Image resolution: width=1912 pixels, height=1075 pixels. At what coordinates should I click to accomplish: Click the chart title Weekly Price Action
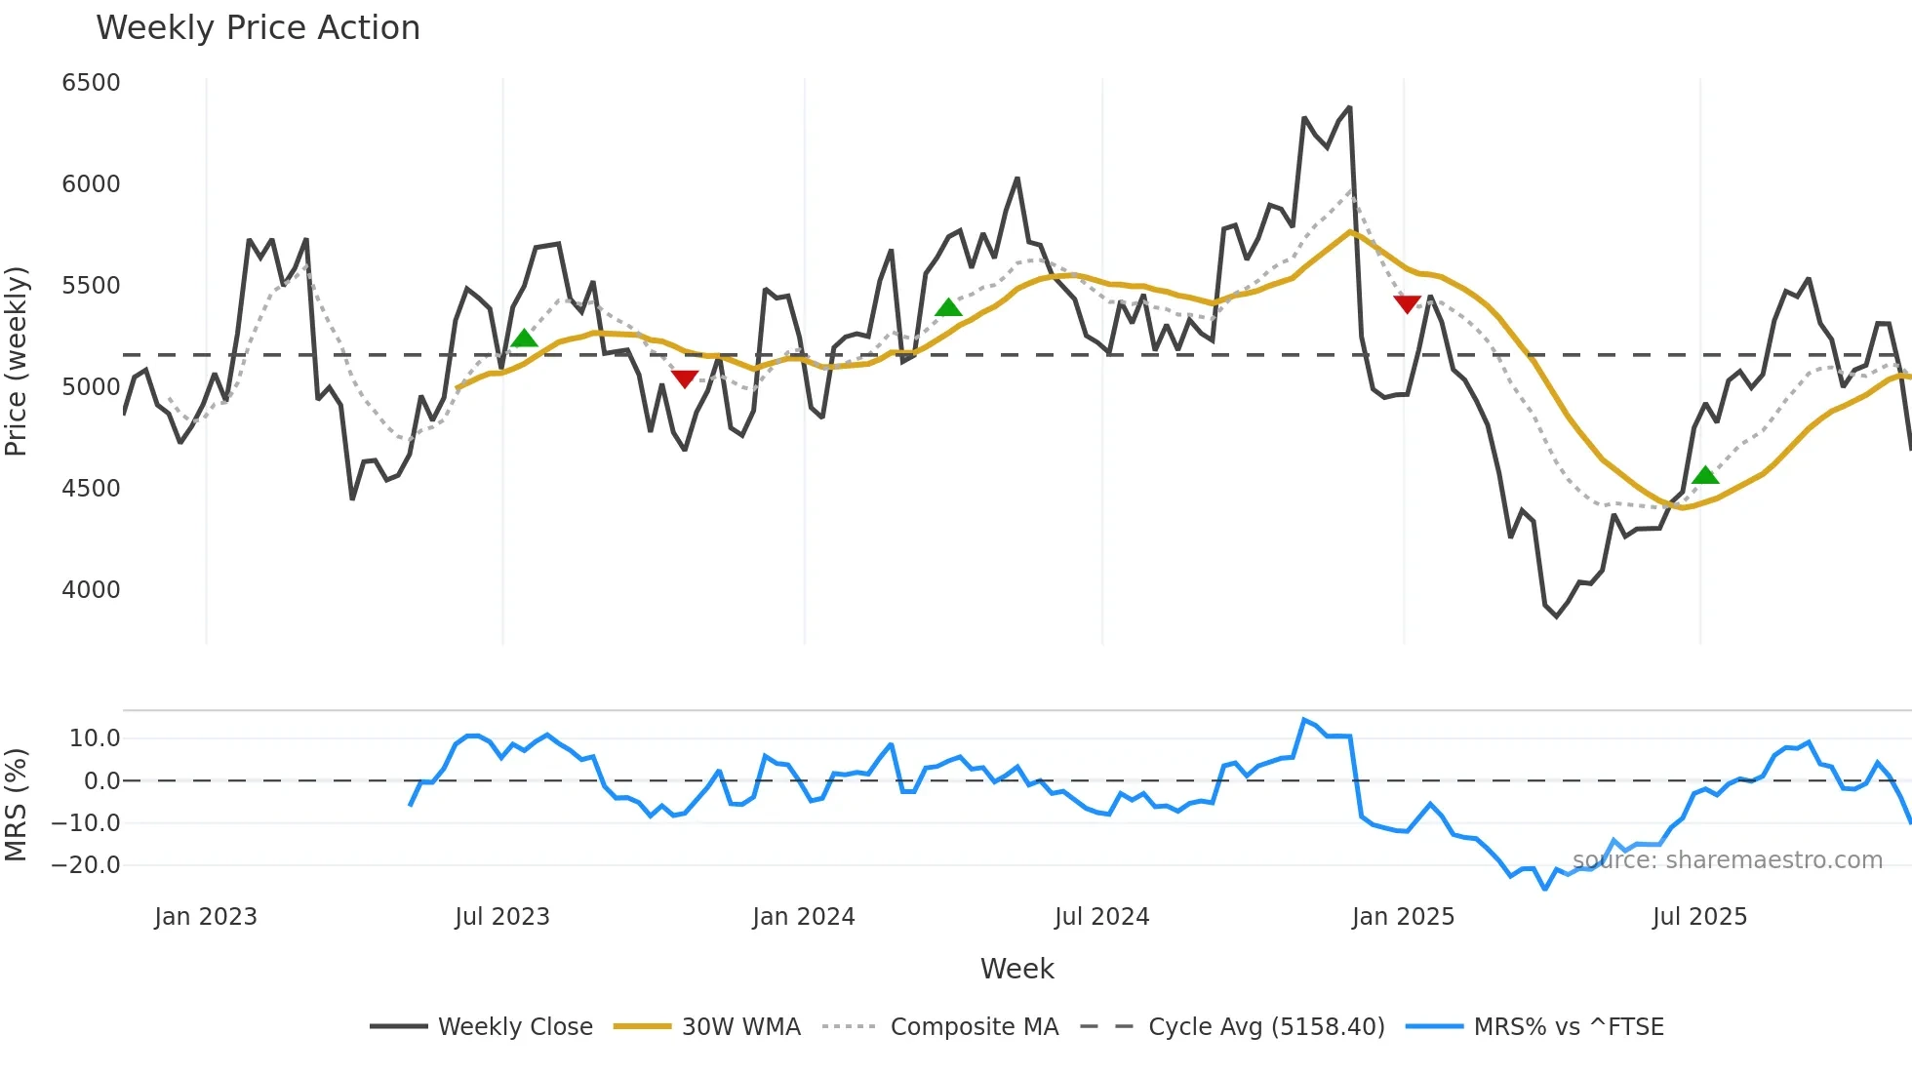pyautogui.click(x=258, y=28)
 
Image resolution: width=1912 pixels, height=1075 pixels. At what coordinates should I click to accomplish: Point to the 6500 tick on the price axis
pyautogui.click(x=91, y=83)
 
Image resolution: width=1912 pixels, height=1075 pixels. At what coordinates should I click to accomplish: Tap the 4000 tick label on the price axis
pyautogui.click(x=91, y=590)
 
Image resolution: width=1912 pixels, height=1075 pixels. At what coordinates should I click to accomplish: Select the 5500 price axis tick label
pyautogui.click(x=91, y=286)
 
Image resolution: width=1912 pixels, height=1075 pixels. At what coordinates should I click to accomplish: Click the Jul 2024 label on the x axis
pyautogui.click(x=1101, y=917)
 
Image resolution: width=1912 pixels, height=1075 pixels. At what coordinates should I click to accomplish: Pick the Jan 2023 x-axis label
pyautogui.click(x=206, y=917)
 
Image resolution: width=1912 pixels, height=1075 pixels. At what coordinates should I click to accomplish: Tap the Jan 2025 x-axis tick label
pyautogui.click(x=1403, y=917)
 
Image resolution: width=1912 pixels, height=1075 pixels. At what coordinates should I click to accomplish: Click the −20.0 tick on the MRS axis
pyautogui.click(x=86, y=865)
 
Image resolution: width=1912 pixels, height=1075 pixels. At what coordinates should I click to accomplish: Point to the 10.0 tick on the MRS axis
pyautogui.click(x=95, y=738)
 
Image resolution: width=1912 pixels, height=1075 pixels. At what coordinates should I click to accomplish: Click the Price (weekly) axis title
pyautogui.click(x=17, y=361)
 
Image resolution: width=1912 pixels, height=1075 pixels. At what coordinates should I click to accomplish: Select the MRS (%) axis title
pyautogui.click(x=17, y=805)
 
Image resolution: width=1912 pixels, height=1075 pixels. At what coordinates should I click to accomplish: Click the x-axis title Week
pyautogui.click(x=1016, y=969)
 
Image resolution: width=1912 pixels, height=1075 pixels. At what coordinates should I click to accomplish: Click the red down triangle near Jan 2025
pyautogui.click(x=1407, y=304)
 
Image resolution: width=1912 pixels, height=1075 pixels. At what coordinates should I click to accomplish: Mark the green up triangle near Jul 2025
pyautogui.click(x=1705, y=475)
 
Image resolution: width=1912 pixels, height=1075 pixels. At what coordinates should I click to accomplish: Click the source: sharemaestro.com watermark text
pyautogui.click(x=1727, y=860)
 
